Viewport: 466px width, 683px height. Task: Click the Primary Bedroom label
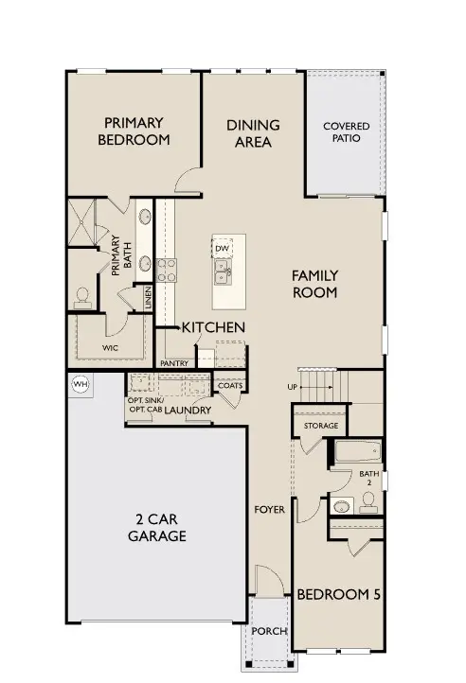pos(135,131)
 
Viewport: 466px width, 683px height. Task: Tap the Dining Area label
pos(252,133)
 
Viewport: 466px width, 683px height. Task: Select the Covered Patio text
pos(346,132)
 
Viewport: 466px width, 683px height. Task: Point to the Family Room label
pos(315,284)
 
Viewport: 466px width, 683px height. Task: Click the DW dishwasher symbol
pos(223,248)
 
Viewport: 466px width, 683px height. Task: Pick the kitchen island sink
pos(223,273)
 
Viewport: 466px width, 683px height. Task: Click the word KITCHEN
pos(214,327)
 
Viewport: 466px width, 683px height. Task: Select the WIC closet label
pos(111,348)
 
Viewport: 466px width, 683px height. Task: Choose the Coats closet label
pos(229,385)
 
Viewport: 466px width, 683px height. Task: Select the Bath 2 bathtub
pos(356,451)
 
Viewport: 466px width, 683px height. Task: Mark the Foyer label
pos(269,510)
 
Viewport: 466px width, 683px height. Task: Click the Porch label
pos(269,632)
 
